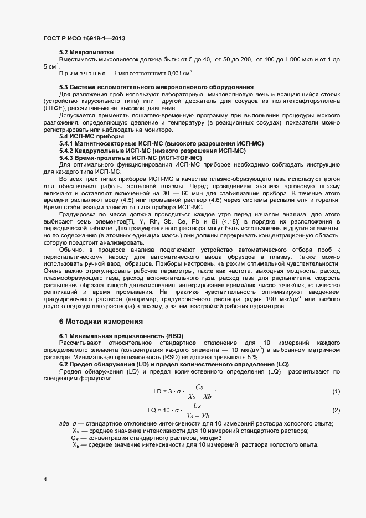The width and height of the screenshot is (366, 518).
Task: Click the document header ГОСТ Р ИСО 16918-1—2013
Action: pyautogui.click(x=84, y=39)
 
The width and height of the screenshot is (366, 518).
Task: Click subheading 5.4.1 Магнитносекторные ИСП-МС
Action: pyautogui.click(x=161, y=159)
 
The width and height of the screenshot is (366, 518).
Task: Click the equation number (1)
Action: pyautogui.click(x=336, y=392)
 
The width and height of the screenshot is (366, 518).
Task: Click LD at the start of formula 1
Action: pyautogui.click(x=158, y=392)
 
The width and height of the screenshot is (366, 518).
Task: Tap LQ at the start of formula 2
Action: pyautogui.click(x=152, y=410)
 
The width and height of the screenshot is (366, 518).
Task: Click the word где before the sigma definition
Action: pyautogui.click(x=64, y=423)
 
